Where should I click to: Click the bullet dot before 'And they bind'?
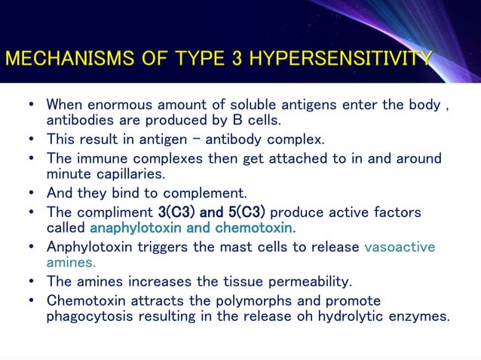[x=29, y=193]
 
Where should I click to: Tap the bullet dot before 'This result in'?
[x=29, y=139]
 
